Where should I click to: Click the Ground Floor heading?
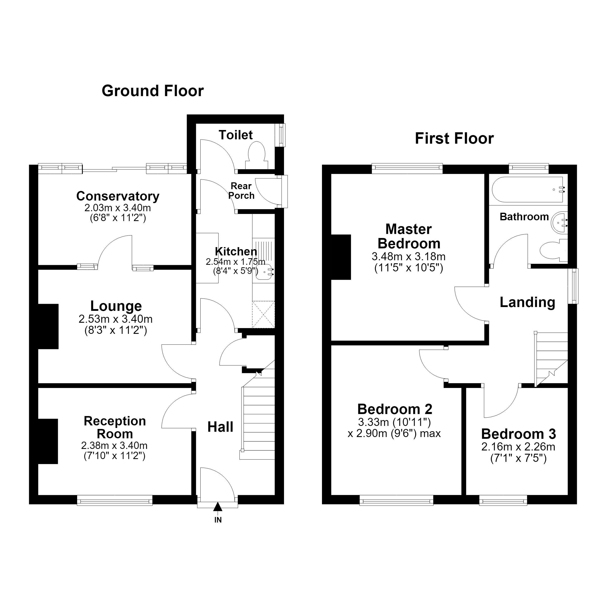point(153,91)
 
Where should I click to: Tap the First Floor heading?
point(454,139)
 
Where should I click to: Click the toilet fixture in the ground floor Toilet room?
point(257,156)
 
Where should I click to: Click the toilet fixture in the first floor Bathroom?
point(554,250)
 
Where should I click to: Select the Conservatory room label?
point(118,196)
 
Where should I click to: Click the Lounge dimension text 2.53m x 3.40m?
point(116,319)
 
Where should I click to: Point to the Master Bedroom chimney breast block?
point(341,257)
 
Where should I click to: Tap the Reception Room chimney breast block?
point(48,441)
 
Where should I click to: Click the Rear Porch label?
point(241,191)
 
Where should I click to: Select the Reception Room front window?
point(115,500)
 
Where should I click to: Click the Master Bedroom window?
point(407,168)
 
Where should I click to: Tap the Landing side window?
point(573,286)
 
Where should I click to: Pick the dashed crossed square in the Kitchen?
point(263,314)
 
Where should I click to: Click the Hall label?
point(220,427)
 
